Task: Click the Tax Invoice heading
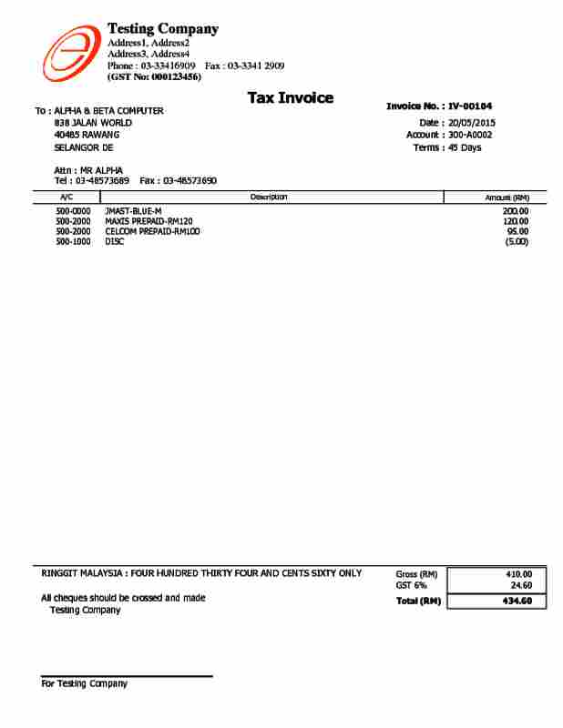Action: coord(290,98)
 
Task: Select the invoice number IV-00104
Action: coord(470,106)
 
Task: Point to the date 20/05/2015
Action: coord(472,122)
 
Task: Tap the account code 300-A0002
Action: coord(469,135)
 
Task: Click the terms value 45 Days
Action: coord(465,147)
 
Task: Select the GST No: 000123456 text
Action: coord(154,77)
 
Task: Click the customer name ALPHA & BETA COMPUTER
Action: coord(109,111)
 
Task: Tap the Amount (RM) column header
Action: coord(507,197)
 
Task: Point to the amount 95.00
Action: coord(517,231)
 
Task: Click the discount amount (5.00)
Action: coord(517,242)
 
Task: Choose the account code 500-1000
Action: coord(73,242)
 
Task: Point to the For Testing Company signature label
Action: coord(85,684)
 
